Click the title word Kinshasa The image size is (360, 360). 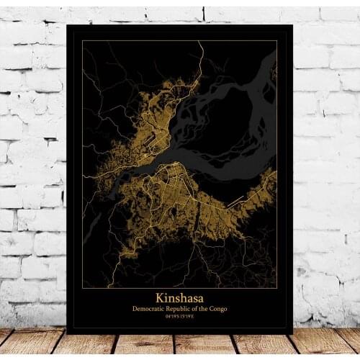[179, 297]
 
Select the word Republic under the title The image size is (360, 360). [183, 309]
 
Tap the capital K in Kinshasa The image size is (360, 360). [159, 297]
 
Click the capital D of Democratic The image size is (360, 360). [134, 309]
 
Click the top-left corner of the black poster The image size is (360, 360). [66, 25]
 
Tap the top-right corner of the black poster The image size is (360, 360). [292, 25]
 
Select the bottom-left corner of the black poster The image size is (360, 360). [66, 333]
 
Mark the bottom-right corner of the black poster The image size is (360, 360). [292, 333]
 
